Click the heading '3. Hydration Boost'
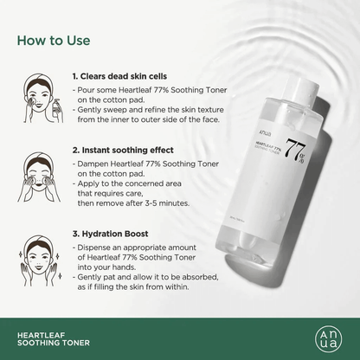pyautogui.click(x=111, y=235)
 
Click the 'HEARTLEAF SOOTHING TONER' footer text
pyautogui.click(x=51, y=336)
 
